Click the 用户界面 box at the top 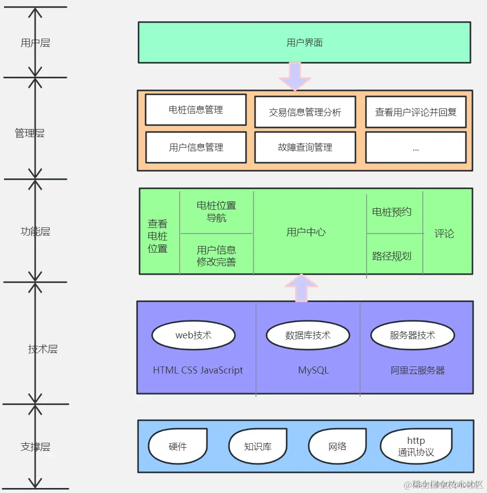[304, 43]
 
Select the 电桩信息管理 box [196, 109]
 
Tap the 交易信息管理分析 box [305, 112]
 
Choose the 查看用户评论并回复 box [415, 112]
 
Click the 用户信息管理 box [196, 148]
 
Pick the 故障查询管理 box [305, 148]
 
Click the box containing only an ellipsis [415, 148]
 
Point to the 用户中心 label [306, 232]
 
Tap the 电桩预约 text [392, 212]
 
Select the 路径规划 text [392, 256]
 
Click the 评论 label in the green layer [444, 233]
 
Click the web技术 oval [193, 335]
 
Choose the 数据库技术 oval [308, 335]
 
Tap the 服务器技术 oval [412, 335]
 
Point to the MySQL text [313, 371]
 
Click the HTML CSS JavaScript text [198, 371]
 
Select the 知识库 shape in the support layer [258, 446]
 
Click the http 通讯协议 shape [416, 446]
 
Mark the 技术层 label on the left [43, 349]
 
